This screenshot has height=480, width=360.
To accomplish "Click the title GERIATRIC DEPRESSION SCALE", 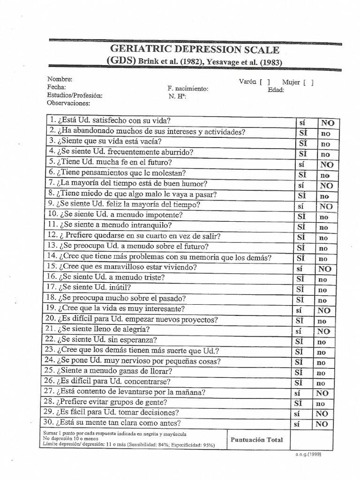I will click(195, 49).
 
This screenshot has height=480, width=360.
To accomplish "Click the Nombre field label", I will click(60, 79).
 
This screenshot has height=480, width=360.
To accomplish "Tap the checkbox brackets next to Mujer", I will click(308, 82).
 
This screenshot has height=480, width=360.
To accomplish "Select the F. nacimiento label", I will click(187, 89).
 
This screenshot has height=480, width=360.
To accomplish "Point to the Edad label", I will click(276, 90).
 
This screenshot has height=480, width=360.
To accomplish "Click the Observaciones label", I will click(68, 103).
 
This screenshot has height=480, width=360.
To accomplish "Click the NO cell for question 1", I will click(328, 123).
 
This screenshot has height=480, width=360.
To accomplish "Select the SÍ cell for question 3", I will click(303, 143).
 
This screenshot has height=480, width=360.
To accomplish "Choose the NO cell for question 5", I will click(327, 165).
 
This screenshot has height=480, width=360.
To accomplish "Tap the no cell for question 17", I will click(323, 290).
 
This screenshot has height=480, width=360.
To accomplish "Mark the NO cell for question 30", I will click(322, 424).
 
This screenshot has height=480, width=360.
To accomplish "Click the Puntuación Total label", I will click(257, 440).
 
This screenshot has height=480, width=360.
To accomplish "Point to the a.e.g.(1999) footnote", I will click(308, 454).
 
